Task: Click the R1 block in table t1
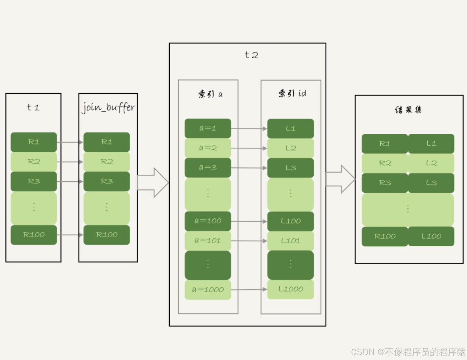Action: coord(34,142)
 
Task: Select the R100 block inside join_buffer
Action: coord(106,235)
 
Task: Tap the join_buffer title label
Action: coord(108,108)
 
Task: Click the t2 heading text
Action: coord(251,55)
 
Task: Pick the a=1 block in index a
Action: coord(208,128)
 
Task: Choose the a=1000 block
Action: coord(208,290)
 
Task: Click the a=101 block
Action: coord(208,241)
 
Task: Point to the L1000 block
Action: coord(291,289)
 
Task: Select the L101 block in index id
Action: coord(291,241)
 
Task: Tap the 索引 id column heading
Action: coord(292,94)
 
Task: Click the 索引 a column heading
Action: coord(210,94)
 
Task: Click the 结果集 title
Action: coord(408,110)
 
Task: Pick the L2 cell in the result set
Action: coord(431,163)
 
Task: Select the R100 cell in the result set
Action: coord(385,236)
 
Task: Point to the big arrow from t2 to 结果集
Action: coord(341,179)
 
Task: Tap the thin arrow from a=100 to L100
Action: coord(249,221)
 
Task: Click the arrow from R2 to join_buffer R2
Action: coord(70,162)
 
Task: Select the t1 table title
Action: coord(33,108)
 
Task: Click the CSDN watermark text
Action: coord(408,352)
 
